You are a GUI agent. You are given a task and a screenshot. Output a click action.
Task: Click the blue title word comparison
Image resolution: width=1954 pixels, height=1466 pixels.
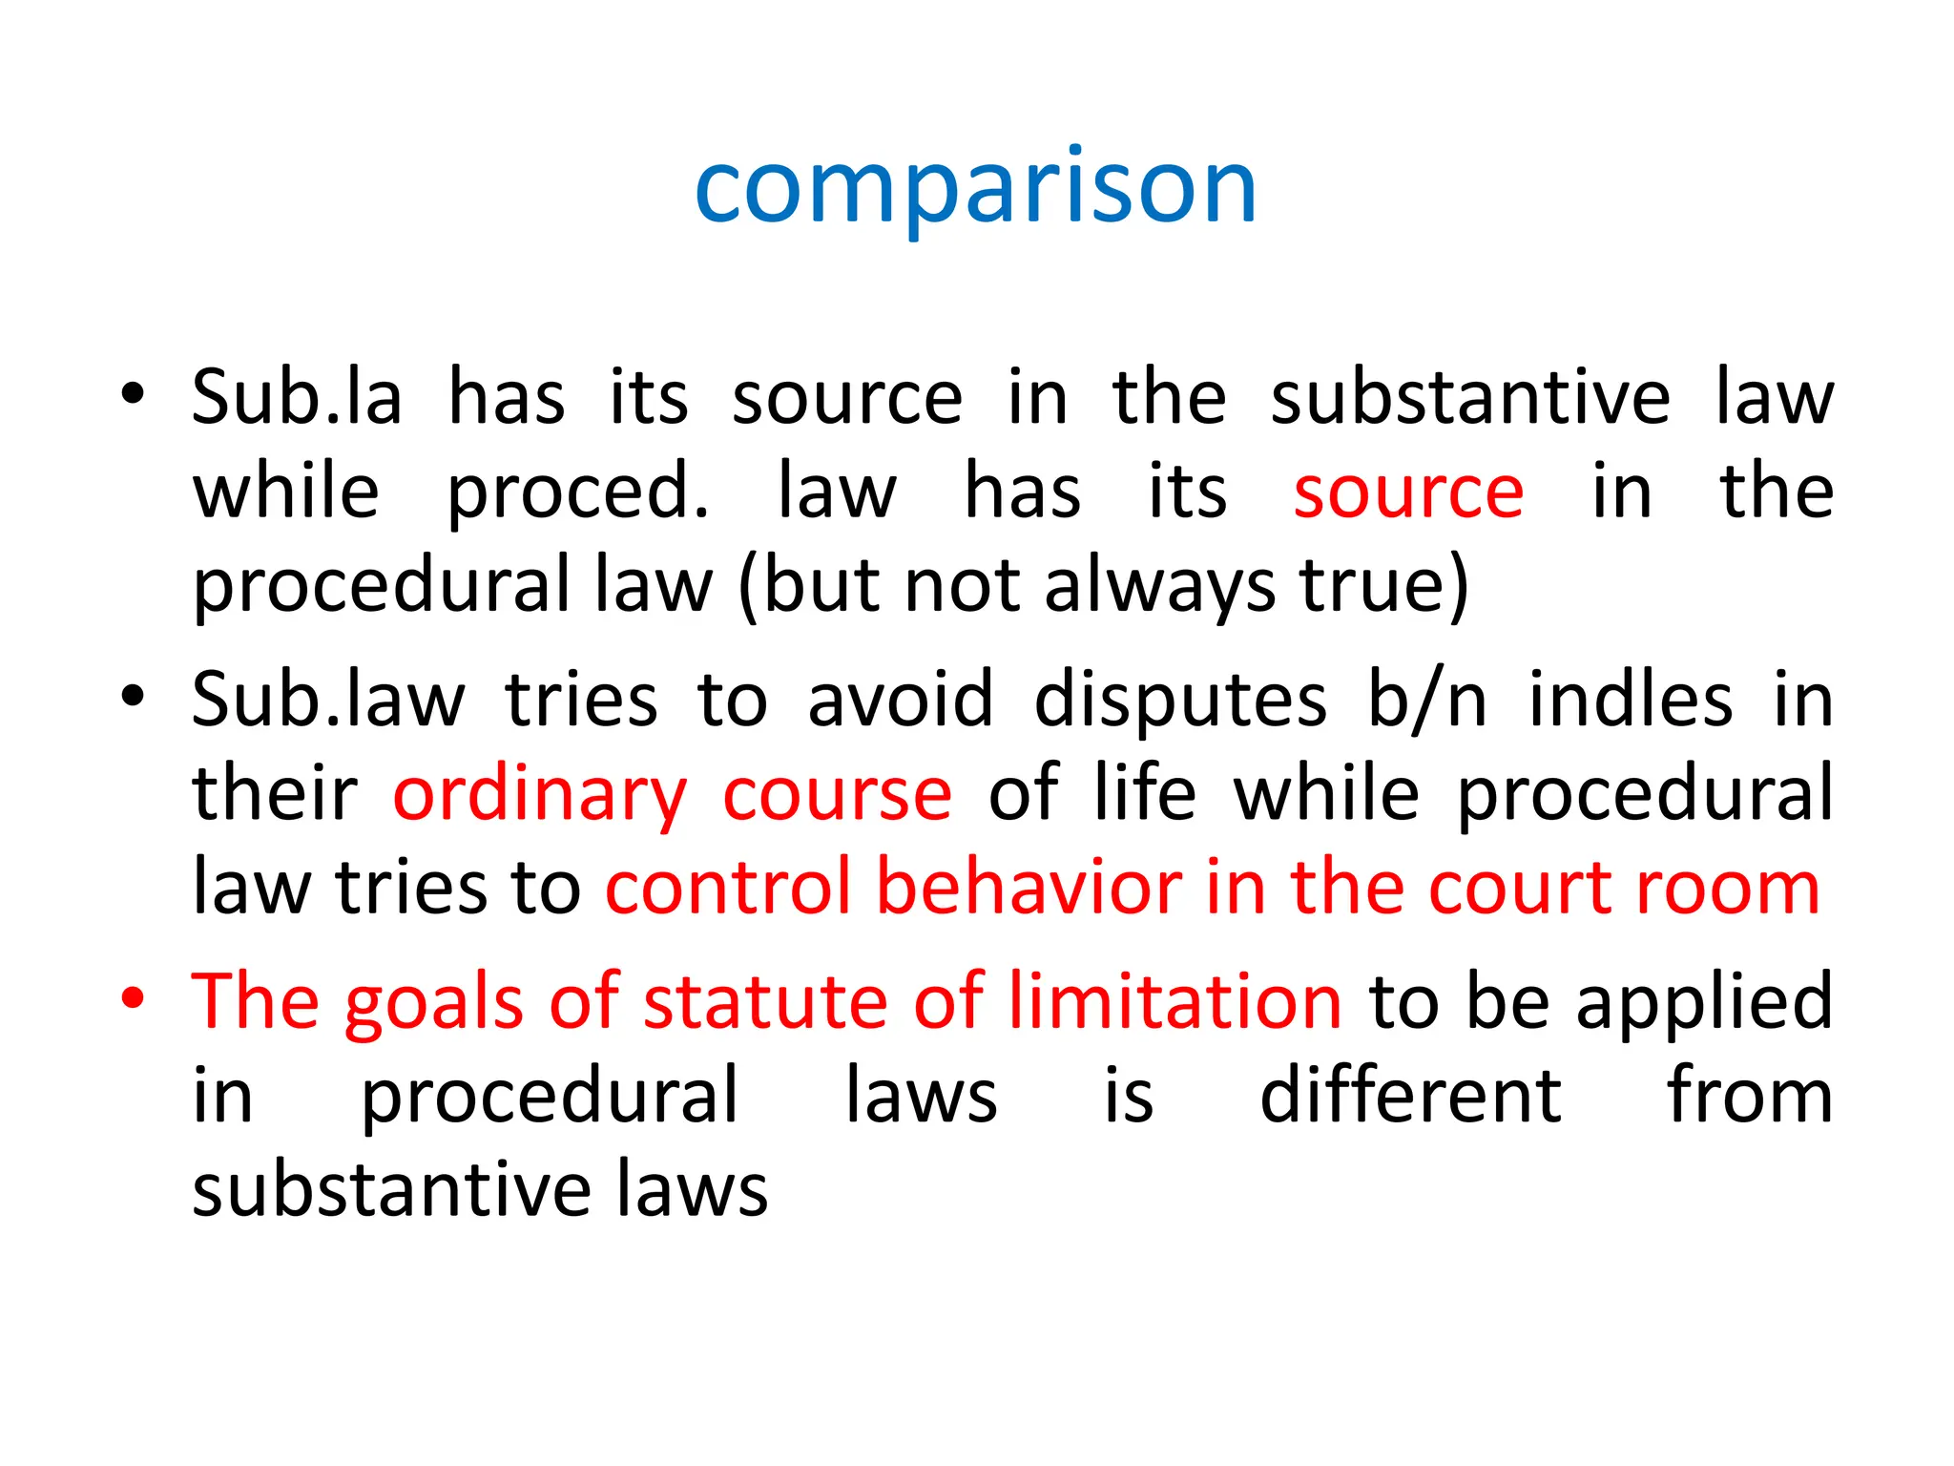[975, 189]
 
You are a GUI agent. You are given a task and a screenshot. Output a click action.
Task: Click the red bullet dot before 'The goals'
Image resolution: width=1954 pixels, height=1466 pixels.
[133, 998]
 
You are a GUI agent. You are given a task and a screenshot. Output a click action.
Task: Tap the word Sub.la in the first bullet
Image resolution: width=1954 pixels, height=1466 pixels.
[297, 397]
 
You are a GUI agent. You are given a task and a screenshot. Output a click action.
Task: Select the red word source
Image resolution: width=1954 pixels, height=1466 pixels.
[1408, 492]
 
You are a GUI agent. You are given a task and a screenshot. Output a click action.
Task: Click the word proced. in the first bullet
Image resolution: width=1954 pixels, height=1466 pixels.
[578, 492]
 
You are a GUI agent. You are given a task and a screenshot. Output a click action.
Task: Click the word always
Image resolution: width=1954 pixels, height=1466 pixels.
[1159, 585]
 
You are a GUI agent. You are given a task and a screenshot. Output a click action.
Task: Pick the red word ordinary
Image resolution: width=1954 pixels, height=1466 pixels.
[540, 794]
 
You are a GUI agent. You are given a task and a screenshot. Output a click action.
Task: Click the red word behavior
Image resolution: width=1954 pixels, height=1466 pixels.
[1029, 888]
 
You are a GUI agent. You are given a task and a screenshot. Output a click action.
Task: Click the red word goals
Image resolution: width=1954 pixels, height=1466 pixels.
[433, 1001]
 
